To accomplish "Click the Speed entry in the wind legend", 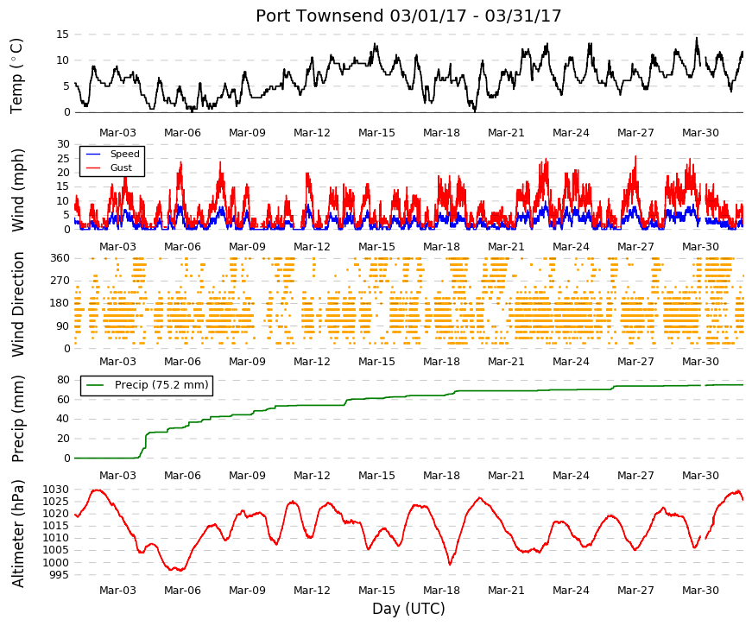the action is [x=124, y=154].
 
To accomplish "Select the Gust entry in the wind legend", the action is [x=121, y=168].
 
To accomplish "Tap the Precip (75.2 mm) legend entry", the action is [x=161, y=385].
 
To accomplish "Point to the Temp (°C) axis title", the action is [x=16, y=76].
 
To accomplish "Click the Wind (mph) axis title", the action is [x=18, y=190].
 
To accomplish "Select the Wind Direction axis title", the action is [x=18, y=304].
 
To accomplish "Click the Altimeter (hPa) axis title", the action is [x=18, y=534].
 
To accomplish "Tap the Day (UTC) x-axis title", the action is [x=408, y=609].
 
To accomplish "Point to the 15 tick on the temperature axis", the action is [x=63, y=35].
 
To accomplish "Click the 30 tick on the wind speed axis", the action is [x=63, y=144].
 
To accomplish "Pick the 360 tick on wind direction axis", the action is [x=60, y=258].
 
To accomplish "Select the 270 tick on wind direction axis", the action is [x=60, y=281].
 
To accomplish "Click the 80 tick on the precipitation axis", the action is [x=63, y=380].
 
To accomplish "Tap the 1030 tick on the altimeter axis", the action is [x=56, y=490].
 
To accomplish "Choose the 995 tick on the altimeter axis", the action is [x=60, y=575].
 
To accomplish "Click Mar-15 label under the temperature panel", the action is [x=376, y=133].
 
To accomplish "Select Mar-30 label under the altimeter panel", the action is [x=700, y=591].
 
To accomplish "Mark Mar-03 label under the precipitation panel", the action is [x=117, y=476].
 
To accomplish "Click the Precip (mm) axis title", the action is [x=18, y=419].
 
